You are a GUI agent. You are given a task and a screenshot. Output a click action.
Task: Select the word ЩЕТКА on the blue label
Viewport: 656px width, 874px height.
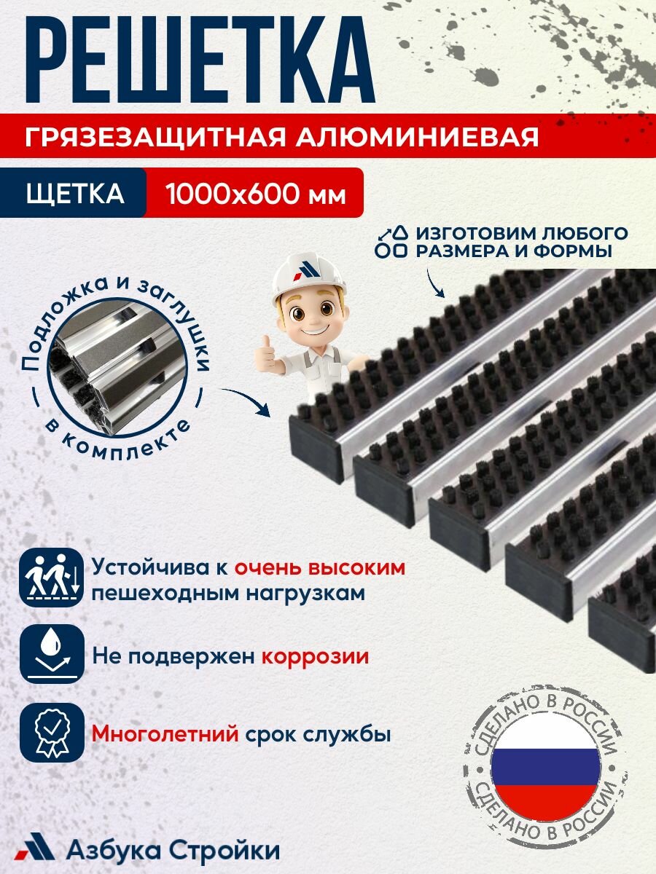[75, 194]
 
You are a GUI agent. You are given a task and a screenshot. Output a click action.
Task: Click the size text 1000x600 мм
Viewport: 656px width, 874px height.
[254, 194]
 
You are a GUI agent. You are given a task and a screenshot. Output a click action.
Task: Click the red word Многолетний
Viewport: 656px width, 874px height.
[165, 733]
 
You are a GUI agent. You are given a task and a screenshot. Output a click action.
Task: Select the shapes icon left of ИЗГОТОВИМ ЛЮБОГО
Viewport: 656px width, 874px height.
[391, 242]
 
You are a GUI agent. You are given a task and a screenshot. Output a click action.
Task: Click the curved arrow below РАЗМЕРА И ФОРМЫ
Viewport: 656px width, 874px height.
[435, 285]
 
